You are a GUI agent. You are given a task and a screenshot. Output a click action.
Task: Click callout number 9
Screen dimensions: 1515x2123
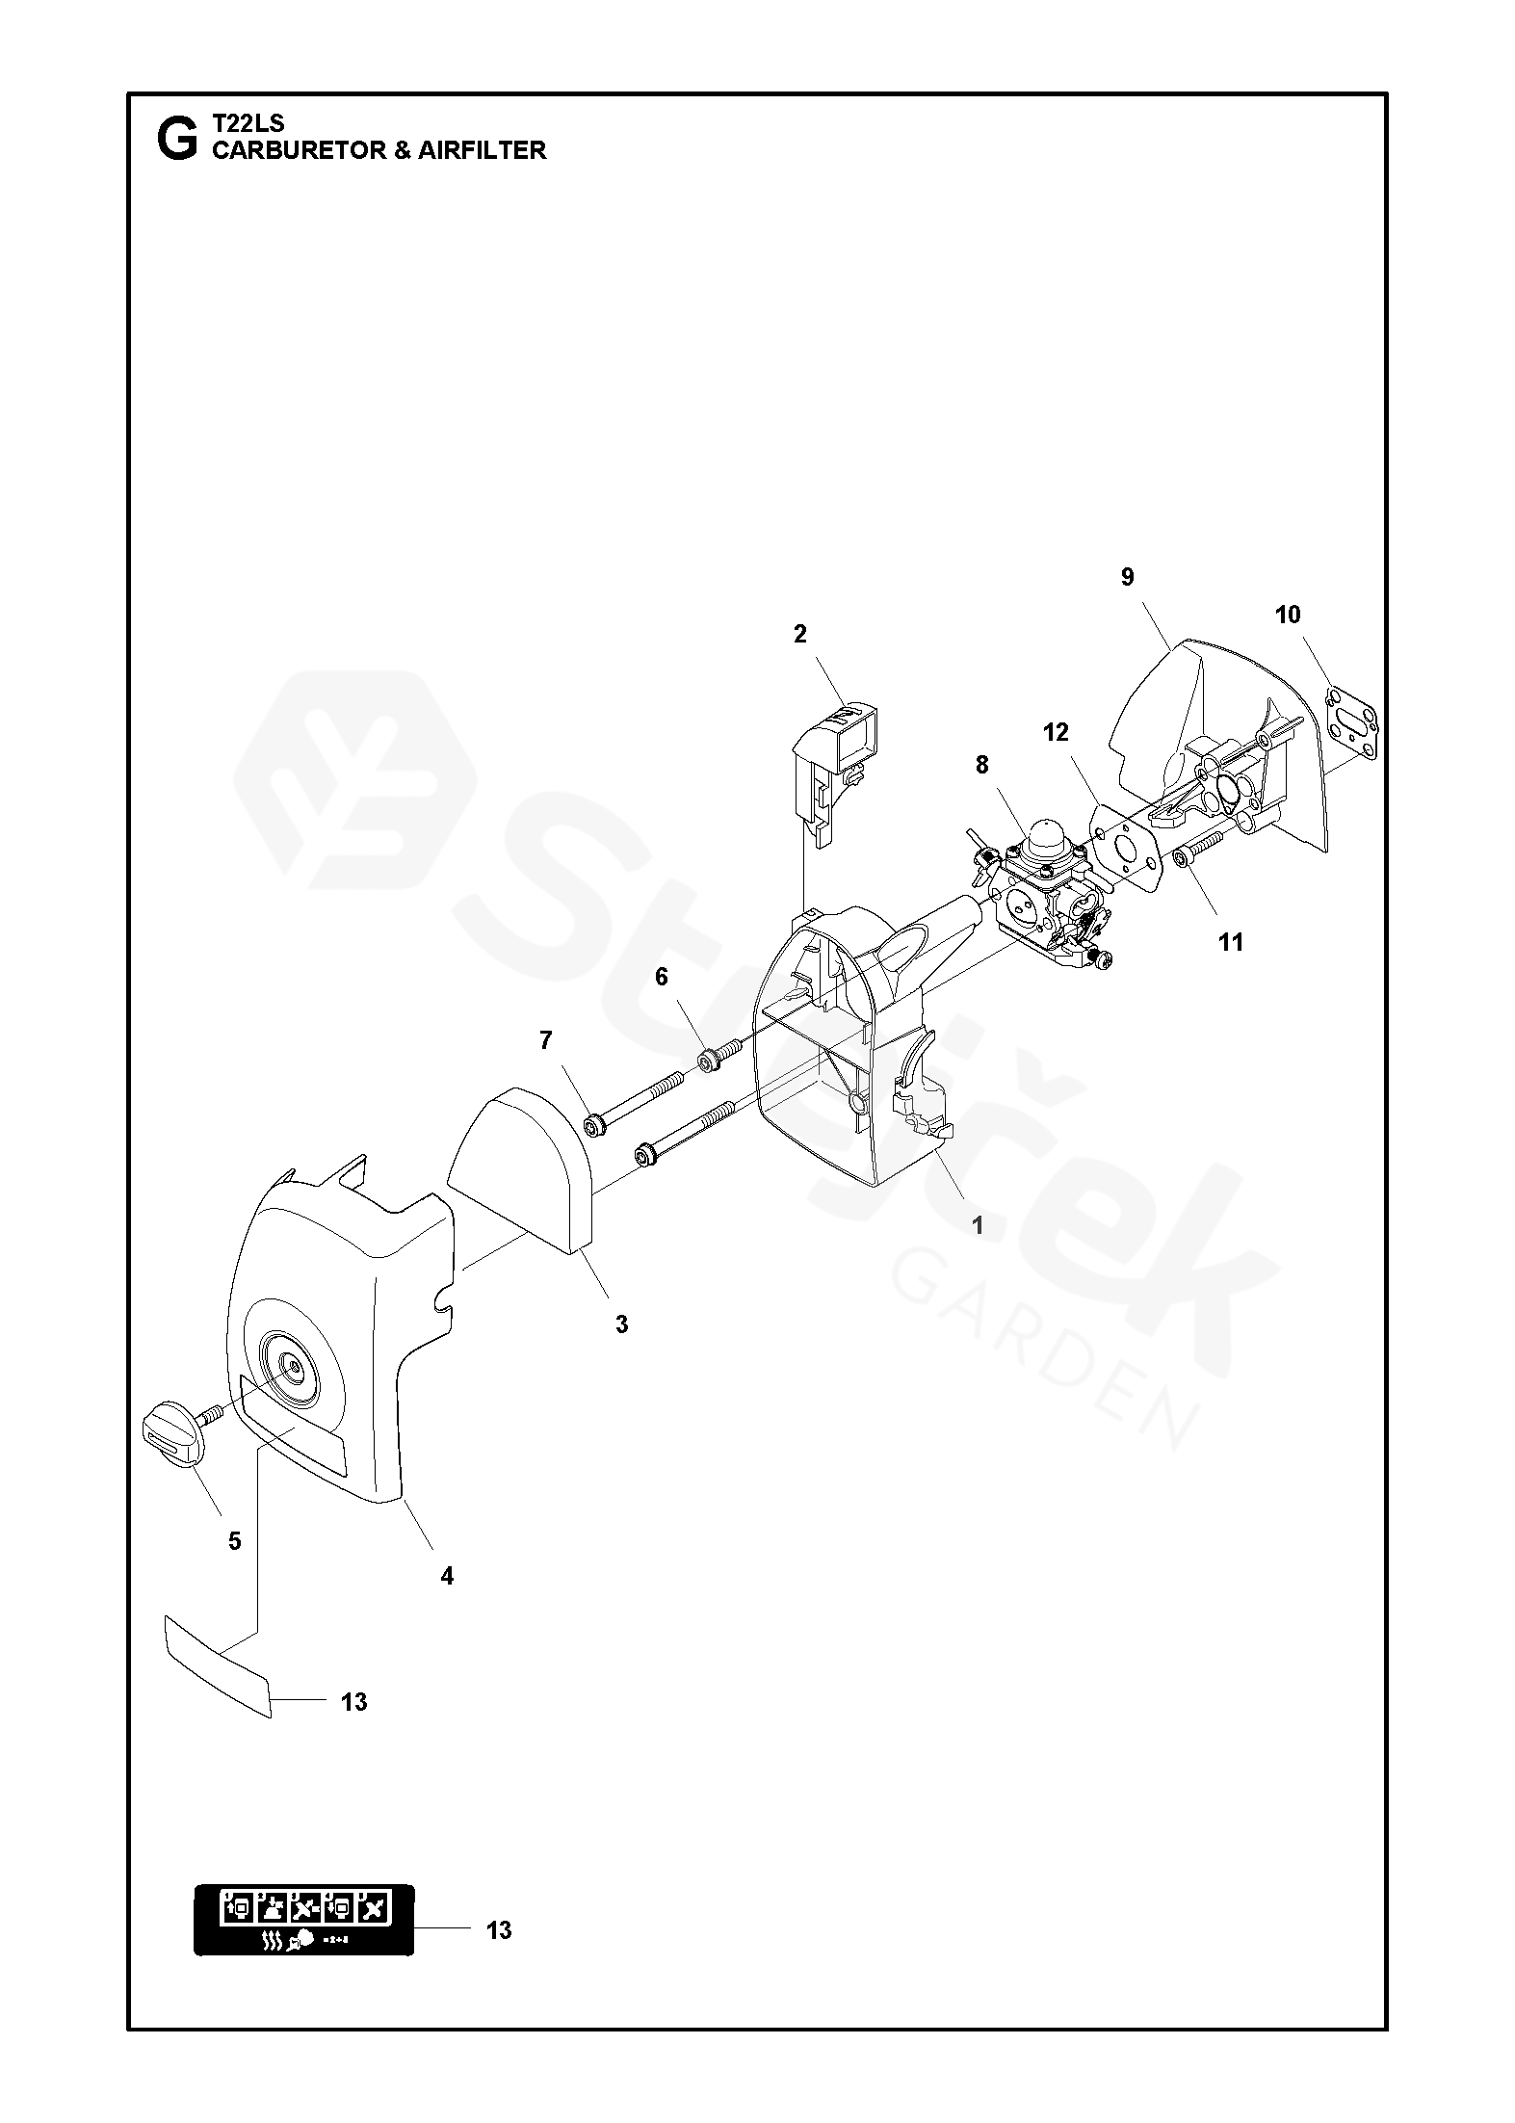1128,577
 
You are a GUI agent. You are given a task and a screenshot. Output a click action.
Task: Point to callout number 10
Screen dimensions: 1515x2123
1288,615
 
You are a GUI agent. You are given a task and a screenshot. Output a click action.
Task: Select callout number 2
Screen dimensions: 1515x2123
800,634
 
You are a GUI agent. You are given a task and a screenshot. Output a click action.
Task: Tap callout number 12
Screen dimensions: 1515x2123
1056,733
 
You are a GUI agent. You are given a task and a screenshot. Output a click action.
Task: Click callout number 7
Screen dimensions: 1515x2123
546,1040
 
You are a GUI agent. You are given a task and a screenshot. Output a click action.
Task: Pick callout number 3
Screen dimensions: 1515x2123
621,1324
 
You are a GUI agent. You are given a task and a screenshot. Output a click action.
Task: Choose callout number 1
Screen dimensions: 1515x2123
978,1226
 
